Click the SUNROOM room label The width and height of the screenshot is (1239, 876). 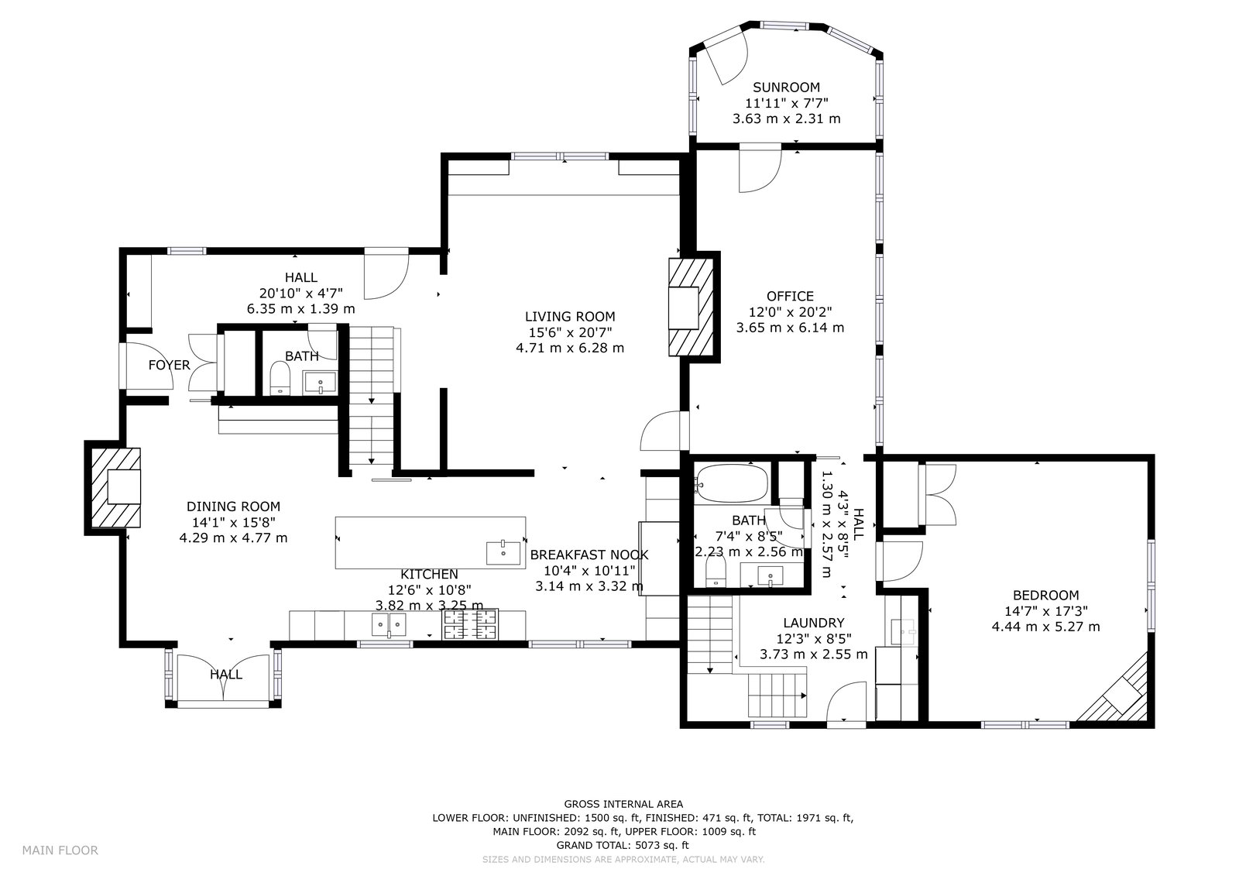[x=786, y=88]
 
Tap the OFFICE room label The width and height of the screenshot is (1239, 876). [x=790, y=296]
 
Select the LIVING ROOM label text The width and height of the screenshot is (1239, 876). [x=570, y=317]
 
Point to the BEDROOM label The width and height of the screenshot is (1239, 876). [x=1045, y=596]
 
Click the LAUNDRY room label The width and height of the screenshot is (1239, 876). [x=814, y=623]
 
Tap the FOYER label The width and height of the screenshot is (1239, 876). [x=170, y=366]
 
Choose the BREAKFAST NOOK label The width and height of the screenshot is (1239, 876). [x=589, y=555]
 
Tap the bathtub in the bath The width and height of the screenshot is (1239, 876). [x=732, y=483]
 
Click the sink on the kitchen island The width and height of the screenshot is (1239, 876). [x=503, y=553]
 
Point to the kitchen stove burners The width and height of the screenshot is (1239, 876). [x=469, y=624]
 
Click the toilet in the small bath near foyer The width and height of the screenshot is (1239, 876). [x=280, y=378]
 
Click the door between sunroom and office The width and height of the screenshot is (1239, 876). [x=760, y=168]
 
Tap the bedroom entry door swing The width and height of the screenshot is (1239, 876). [x=902, y=561]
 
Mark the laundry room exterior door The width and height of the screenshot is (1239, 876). [x=846, y=702]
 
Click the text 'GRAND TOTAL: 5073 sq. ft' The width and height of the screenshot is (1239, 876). [x=623, y=845]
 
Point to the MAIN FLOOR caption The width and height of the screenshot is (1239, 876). [x=60, y=850]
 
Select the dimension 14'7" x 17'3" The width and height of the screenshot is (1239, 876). [x=1046, y=611]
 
